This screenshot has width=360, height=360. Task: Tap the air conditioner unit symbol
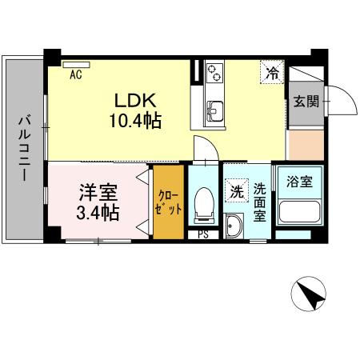tap(77, 64)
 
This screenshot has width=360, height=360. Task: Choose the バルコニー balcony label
tap(25, 148)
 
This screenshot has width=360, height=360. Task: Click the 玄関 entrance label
tap(303, 102)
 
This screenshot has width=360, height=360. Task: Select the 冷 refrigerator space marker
tap(272, 73)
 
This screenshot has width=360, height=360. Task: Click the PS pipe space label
tap(203, 234)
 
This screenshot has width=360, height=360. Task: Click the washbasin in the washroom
tap(234, 227)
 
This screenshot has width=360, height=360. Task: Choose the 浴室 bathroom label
tap(299, 182)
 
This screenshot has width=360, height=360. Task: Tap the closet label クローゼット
tap(169, 202)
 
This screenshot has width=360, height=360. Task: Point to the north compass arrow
tap(312, 295)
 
